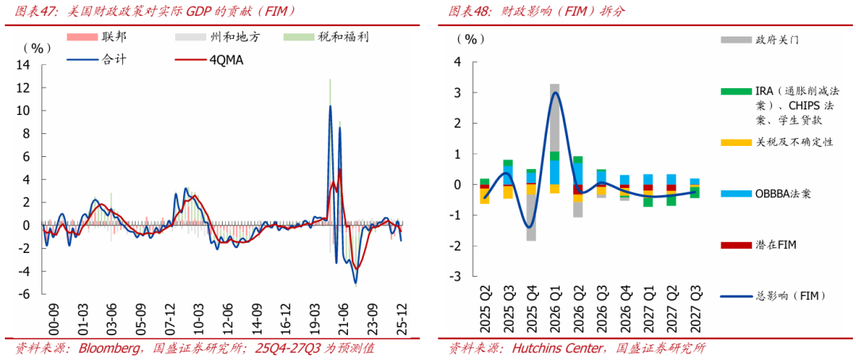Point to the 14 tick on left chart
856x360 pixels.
(x=24, y=64)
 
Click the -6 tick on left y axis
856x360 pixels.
(x=24, y=294)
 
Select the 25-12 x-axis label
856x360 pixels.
(x=403, y=319)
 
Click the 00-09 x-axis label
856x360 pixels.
(x=54, y=319)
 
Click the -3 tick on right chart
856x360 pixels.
(x=457, y=277)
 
